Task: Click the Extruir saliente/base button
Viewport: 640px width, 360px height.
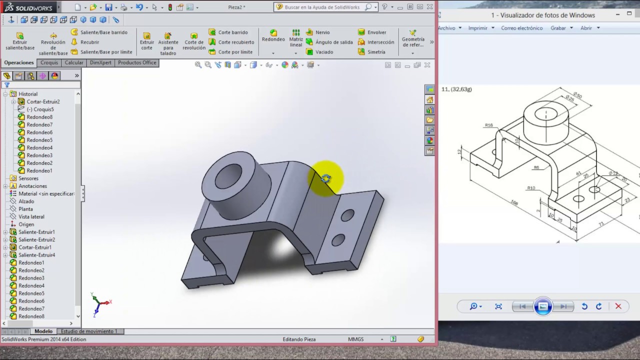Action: click(20, 41)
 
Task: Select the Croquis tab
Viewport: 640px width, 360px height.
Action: click(49, 63)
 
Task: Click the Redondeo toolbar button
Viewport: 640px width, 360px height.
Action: click(273, 36)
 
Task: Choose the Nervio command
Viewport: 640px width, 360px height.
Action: click(322, 32)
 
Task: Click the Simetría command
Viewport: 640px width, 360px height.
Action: click(375, 52)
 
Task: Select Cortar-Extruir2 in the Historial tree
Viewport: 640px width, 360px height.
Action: click(43, 101)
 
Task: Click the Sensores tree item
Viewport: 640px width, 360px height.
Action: click(28, 178)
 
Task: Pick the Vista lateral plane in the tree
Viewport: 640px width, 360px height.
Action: click(31, 217)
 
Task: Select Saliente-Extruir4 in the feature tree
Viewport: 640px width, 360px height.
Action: click(36, 255)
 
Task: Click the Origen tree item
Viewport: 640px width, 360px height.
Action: click(26, 224)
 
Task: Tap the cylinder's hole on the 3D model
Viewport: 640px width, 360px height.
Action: click(228, 175)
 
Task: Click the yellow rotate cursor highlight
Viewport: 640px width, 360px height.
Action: click(326, 178)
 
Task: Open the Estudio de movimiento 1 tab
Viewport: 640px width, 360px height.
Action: click(88, 331)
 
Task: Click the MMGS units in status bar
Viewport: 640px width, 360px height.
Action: click(356, 339)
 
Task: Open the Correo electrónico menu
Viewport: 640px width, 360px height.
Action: click(521, 28)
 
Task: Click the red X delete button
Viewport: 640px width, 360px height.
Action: click(618, 306)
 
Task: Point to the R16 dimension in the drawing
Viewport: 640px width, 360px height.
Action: click(488, 125)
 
